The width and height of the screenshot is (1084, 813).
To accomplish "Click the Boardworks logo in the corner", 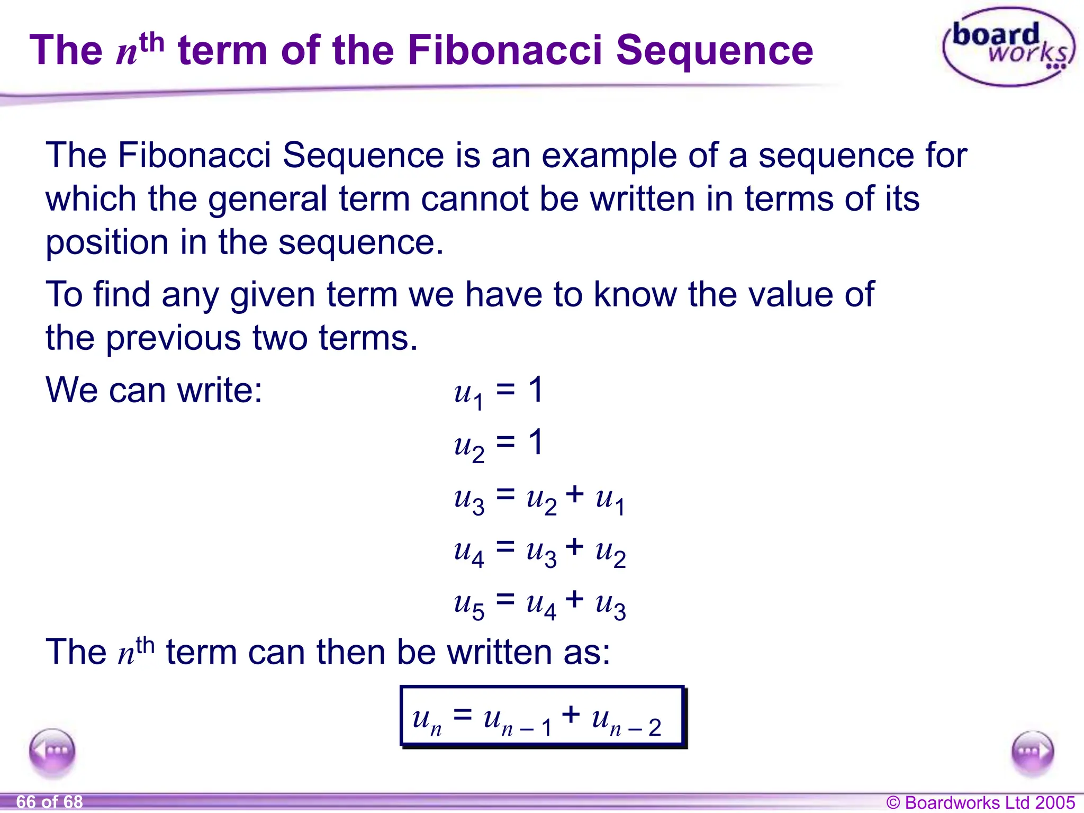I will (x=1009, y=47).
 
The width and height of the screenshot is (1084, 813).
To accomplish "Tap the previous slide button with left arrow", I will (x=52, y=751).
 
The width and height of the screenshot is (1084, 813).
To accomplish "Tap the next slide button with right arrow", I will (x=1032, y=752).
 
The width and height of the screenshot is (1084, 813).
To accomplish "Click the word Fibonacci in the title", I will (x=505, y=50).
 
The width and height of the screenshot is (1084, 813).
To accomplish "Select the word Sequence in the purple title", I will (x=714, y=50).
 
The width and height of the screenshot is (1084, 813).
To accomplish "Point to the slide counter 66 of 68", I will (x=49, y=802).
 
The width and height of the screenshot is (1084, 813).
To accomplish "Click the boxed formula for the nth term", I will (x=542, y=717).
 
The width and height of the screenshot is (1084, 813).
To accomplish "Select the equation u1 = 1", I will (x=498, y=392).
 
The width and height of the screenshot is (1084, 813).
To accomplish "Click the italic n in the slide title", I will (x=127, y=53).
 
